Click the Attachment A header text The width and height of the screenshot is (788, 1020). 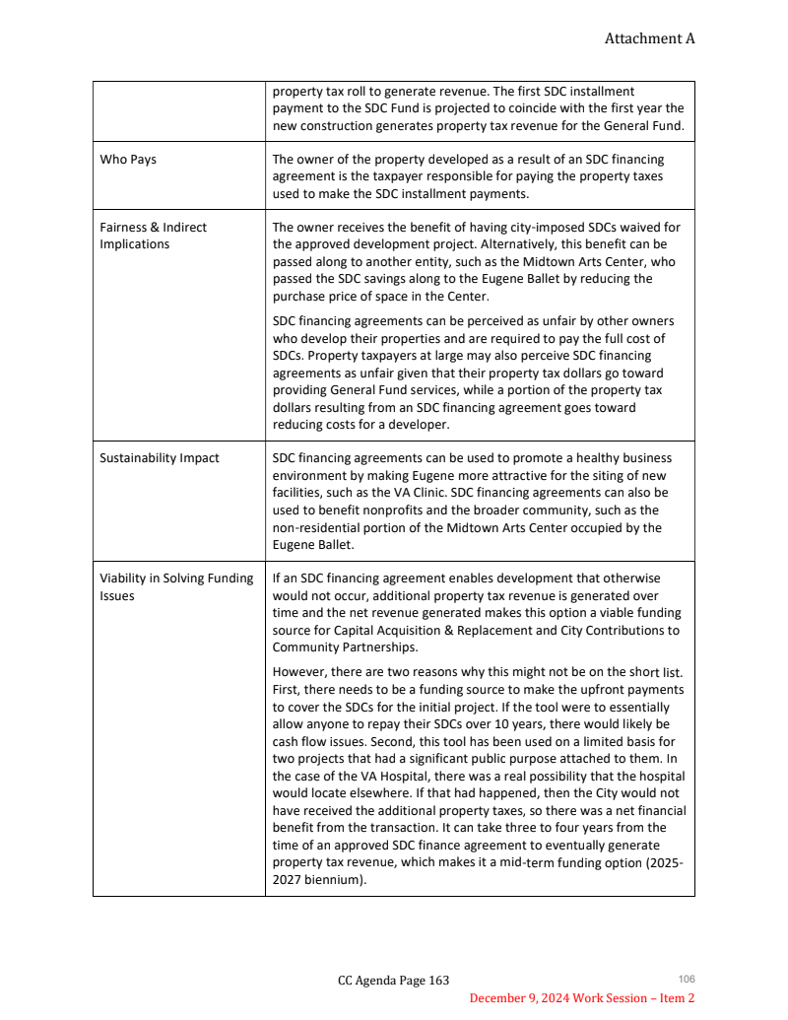649,38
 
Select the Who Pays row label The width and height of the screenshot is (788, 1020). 128,160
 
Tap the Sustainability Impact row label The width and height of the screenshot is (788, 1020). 160,458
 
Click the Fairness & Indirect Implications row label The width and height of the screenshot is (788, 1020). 153,236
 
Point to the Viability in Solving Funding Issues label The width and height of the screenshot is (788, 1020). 176,587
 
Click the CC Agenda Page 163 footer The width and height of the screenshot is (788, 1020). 393,980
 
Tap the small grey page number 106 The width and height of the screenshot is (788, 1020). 687,979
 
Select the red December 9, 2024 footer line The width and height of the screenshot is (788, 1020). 581,998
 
